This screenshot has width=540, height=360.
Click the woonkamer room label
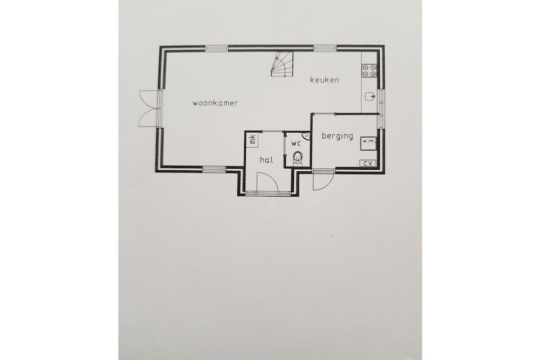(215, 103)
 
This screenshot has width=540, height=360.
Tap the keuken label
(324, 80)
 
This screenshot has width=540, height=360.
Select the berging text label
(337, 136)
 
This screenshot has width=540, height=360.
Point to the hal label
(266, 160)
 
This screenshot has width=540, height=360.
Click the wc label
(296, 143)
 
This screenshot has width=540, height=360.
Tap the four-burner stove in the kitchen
(369, 71)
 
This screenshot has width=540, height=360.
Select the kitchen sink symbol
(370, 96)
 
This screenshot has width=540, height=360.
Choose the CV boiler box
(368, 163)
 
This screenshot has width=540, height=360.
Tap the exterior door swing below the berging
(323, 180)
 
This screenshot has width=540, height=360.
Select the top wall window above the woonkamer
(217, 48)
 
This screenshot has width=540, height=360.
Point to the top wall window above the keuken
(325, 48)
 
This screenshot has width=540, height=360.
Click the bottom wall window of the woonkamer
(214, 169)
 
